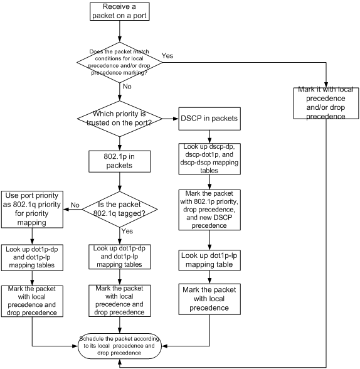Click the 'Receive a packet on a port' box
(119, 11)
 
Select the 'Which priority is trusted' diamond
(120, 119)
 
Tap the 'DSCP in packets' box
(209, 119)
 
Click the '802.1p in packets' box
(119, 161)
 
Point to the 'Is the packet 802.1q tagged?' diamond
(120, 209)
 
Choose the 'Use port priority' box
(32, 210)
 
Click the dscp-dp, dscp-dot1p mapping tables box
(209, 159)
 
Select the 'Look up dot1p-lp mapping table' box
(209, 260)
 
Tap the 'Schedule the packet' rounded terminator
(120, 346)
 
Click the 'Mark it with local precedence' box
(326, 103)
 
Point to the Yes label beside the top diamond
(167, 56)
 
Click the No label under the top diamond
(127, 87)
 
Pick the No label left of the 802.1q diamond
(75, 205)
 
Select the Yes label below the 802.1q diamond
(127, 231)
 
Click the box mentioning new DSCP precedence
(209, 210)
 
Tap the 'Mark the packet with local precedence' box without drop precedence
(209, 299)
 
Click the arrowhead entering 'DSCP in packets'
(176, 119)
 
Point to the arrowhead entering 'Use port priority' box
(66, 209)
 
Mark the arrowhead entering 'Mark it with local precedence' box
(326, 85)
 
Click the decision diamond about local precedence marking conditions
(120, 62)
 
